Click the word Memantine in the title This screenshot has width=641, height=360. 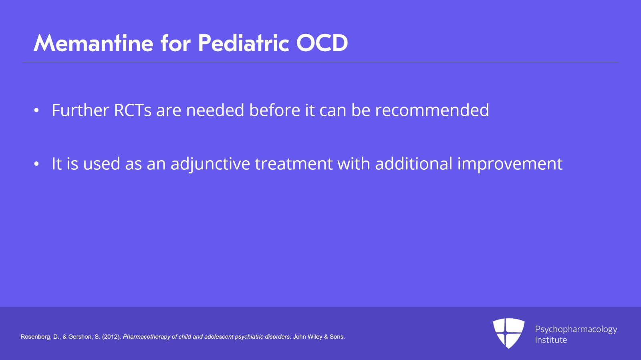point(93,43)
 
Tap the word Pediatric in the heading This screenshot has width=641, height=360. point(243,43)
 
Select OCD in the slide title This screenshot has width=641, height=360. point(322,43)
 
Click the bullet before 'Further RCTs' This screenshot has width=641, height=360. point(36,111)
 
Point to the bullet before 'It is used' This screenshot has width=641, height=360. point(36,164)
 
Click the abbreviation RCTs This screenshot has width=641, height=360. point(133,110)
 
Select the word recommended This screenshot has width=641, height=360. point(432,110)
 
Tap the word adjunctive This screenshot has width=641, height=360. point(210,164)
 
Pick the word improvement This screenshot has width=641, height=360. point(510,164)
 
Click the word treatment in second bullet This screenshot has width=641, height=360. point(294,164)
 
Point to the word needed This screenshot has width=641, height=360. point(215,110)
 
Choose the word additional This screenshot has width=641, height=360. point(413,163)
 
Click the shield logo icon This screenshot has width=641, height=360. point(508,333)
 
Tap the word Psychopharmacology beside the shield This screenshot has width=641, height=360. point(576,330)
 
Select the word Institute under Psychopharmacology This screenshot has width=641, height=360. point(551,340)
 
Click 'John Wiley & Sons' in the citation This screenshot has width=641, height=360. point(319,337)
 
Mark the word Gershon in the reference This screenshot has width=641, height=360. point(81,337)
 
